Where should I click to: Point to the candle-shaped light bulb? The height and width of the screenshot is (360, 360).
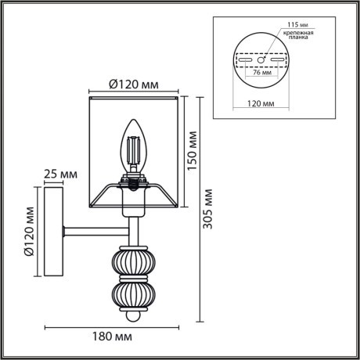(132, 147)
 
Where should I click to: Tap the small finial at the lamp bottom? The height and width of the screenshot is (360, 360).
(131, 316)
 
